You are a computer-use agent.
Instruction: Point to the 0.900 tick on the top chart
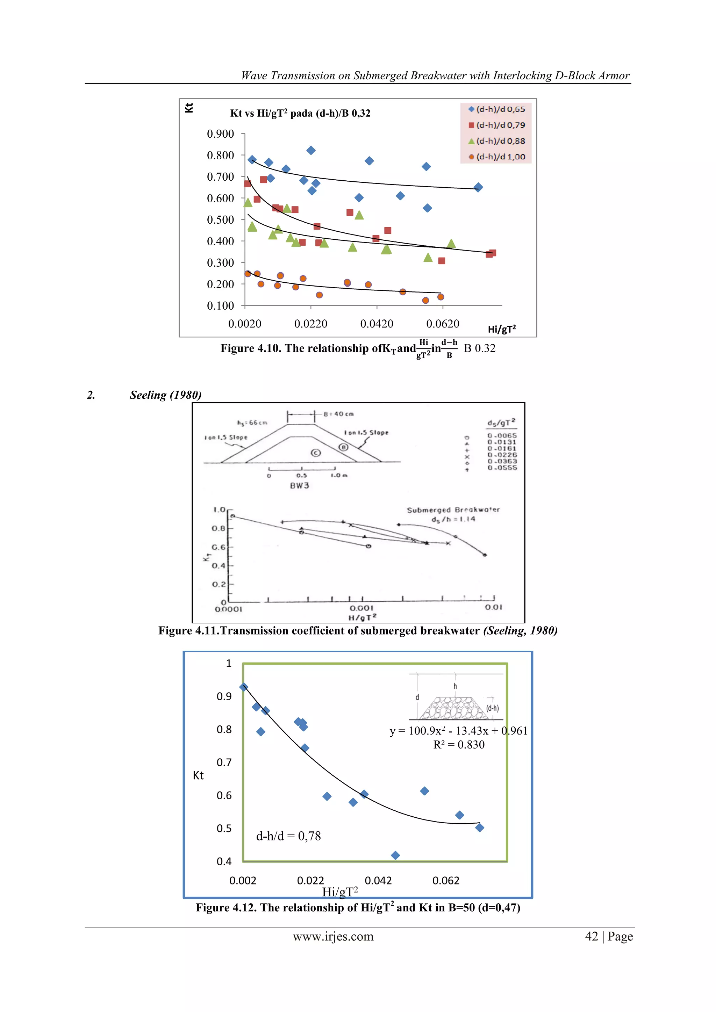pos(221,134)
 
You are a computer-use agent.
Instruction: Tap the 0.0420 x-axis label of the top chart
pos(377,324)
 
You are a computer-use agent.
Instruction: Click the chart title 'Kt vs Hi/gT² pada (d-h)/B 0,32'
pos(300,113)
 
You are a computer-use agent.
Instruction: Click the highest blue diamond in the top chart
pos(311,151)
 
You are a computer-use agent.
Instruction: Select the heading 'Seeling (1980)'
pos(165,395)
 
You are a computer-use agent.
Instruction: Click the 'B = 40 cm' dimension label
pos(338,414)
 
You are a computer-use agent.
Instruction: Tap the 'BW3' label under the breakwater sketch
pos(299,486)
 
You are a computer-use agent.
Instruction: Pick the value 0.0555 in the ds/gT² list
pos(502,468)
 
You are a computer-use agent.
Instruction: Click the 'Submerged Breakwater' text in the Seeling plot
pos(453,510)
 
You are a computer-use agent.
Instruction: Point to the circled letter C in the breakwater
pos(316,453)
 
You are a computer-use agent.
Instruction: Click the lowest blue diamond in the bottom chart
pos(395,855)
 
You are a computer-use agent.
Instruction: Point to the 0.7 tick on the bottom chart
pos(224,762)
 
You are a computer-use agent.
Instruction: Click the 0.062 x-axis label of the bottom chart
pos(446,881)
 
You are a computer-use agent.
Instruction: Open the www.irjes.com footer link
pos(333,936)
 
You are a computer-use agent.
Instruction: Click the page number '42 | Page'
pos(608,936)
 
